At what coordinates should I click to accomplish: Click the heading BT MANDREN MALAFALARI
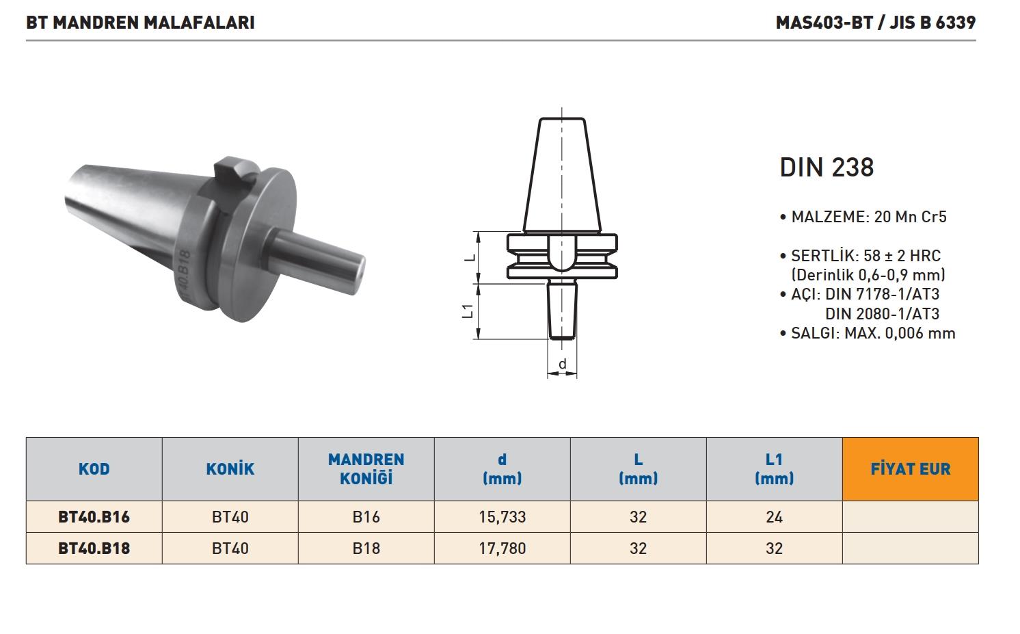[x=140, y=23]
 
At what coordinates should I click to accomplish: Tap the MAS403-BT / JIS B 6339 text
[x=876, y=23]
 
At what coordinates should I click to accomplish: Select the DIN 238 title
[x=827, y=167]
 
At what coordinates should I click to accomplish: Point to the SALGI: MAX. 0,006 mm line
[x=868, y=333]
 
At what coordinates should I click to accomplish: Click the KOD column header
[x=94, y=469]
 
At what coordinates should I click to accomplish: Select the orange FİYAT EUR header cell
[x=911, y=469]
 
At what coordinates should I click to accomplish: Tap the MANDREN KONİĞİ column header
[x=366, y=469]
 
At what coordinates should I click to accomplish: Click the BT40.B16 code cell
[x=94, y=517]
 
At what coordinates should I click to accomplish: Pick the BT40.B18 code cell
[x=94, y=549]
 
